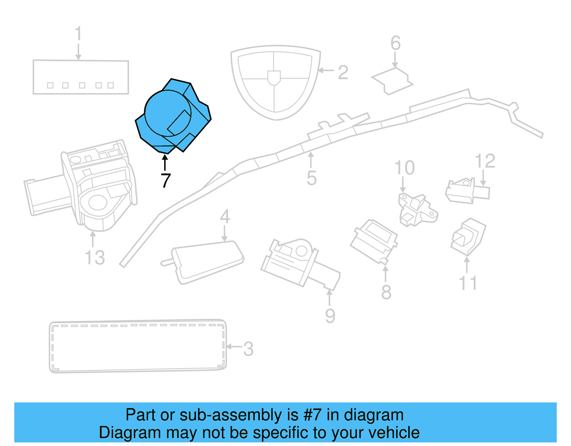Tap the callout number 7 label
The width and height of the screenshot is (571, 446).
(x=166, y=181)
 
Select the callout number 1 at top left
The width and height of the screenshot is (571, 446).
(x=78, y=34)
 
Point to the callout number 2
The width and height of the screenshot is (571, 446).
(x=343, y=72)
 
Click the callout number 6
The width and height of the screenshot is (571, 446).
(x=395, y=43)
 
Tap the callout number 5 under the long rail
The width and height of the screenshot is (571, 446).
(x=311, y=178)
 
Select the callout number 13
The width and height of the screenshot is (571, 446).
(x=95, y=257)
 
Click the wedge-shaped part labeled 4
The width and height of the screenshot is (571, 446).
(x=207, y=261)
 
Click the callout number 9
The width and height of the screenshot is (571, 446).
(x=330, y=316)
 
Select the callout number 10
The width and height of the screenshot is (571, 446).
(x=404, y=167)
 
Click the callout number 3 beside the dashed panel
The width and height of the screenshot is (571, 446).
(x=248, y=349)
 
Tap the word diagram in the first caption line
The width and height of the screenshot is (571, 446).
(x=374, y=415)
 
